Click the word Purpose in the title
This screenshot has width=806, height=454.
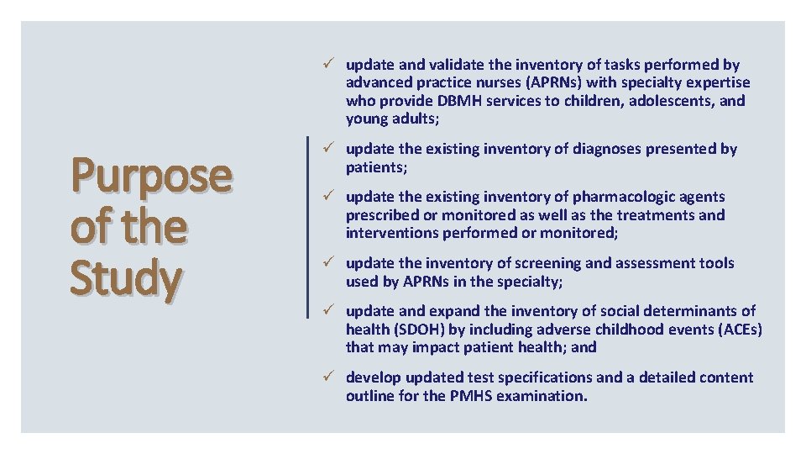[151, 176]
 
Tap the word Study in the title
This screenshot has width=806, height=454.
[125, 278]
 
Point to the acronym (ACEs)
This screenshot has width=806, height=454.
[732, 330]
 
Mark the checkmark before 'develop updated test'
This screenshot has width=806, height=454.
[332, 377]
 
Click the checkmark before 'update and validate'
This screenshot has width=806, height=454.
[332, 65]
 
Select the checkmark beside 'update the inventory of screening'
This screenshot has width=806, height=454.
[332, 263]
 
